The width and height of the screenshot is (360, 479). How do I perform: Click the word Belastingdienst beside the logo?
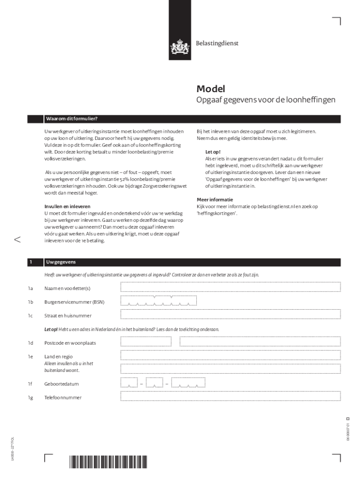(216, 43)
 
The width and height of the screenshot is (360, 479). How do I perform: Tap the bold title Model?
(210, 89)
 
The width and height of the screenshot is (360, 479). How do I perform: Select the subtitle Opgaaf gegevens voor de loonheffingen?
(265, 101)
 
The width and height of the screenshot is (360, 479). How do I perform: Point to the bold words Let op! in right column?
(213, 152)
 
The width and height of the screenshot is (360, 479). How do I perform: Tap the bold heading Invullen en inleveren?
(67, 206)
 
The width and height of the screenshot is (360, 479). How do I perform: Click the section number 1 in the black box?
(30, 262)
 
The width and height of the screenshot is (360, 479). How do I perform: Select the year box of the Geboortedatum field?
(188, 383)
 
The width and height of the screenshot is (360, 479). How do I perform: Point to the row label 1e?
(30, 357)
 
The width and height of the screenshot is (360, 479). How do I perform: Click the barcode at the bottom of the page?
(108, 462)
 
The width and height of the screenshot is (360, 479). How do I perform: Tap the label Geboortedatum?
(61, 384)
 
